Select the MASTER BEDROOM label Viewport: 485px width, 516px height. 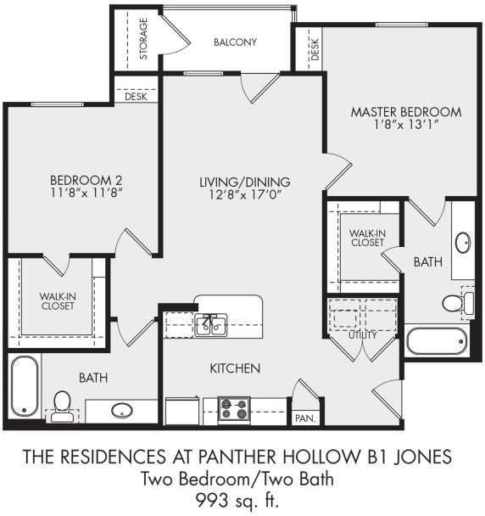pyautogui.click(x=406, y=111)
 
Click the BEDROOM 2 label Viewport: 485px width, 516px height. pyautogui.click(x=86, y=180)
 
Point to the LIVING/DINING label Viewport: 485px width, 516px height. pyautogui.click(x=245, y=182)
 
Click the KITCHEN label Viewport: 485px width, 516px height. pyautogui.click(x=236, y=368)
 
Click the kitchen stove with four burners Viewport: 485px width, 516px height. pyautogui.click(x=234, y=409)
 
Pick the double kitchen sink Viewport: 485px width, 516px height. pyautogui.click(x=209, y=323)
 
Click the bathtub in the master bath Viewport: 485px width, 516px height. pyautogui.click(x=437, y=341)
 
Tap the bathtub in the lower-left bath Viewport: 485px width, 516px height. pyautogui.click(x=25, y=386)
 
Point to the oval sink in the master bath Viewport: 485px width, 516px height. pyautogui.click(x=463, y=243)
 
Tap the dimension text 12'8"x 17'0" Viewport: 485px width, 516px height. pyautogui.click(x=245, y=194)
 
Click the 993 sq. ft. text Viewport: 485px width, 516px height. pyautogui.click(x=242, y=497)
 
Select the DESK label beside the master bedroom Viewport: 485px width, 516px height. pyautogui.click(x=313, y=50)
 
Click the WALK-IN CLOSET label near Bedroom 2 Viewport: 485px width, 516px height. pyautogui.click(x=56, y=300)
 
